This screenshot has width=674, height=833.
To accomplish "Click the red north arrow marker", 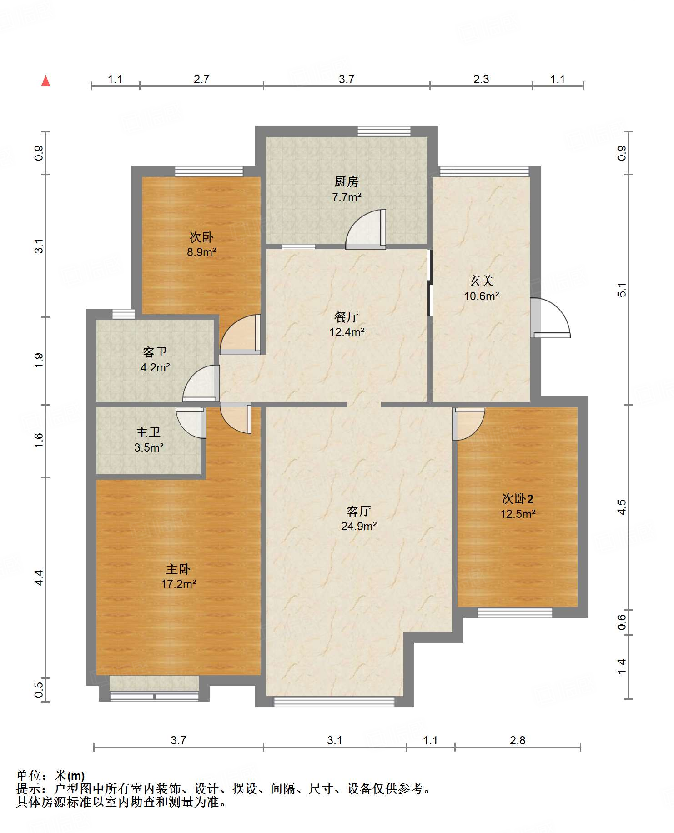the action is [x=45, y=81].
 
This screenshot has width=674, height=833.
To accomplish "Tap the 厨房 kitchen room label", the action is [x=347, y=182].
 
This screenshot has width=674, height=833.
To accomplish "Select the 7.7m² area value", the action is [x=347, y=197].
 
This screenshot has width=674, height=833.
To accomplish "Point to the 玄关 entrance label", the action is [x=482, y=281].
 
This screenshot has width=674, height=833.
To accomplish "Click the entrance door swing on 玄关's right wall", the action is [x=550, y=318].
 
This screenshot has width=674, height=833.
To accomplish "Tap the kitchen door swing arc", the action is [x=366, y=229].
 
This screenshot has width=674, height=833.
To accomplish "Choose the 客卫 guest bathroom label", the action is [x=155, y=352].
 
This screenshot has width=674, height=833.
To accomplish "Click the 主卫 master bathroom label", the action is [x=149, y=432].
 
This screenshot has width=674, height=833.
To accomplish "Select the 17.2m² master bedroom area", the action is [x=179, y=584].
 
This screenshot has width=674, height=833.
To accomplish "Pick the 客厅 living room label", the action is [x=359, y=511].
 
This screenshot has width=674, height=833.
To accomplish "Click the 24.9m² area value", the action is [x=359, y=527].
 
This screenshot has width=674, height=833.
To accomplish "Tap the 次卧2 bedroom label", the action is [x=518, y=499].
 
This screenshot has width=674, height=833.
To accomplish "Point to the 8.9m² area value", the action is [x=201, y=252].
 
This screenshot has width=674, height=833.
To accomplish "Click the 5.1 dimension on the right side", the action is [x=622, y=290].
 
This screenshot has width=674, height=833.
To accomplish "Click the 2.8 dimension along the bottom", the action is [x=518, y=740].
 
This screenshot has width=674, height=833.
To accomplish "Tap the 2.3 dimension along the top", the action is [x=481, y=79].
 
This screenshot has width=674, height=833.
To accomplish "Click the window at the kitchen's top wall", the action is [x=384, y=131].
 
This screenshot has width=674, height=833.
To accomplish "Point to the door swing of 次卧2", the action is [x=468, y=424].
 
